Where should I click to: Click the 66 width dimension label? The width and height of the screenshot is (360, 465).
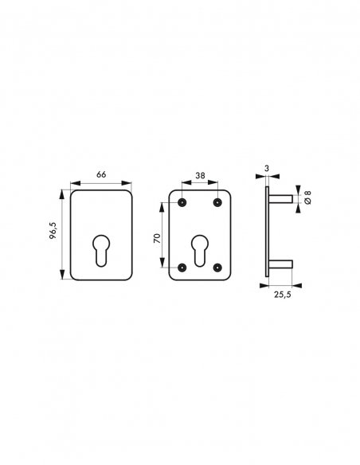click(101, 174)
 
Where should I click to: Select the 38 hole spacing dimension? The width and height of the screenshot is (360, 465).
click(200, 175)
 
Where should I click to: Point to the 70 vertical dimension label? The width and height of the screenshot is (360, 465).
click(157, 238)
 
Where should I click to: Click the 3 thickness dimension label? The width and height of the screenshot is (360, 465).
click(267, 169)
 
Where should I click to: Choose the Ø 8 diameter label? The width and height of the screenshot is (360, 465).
click(307, 197)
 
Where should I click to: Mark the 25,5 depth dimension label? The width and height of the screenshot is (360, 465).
click(282, 295)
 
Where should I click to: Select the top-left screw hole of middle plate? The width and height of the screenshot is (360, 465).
click(182, 202)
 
